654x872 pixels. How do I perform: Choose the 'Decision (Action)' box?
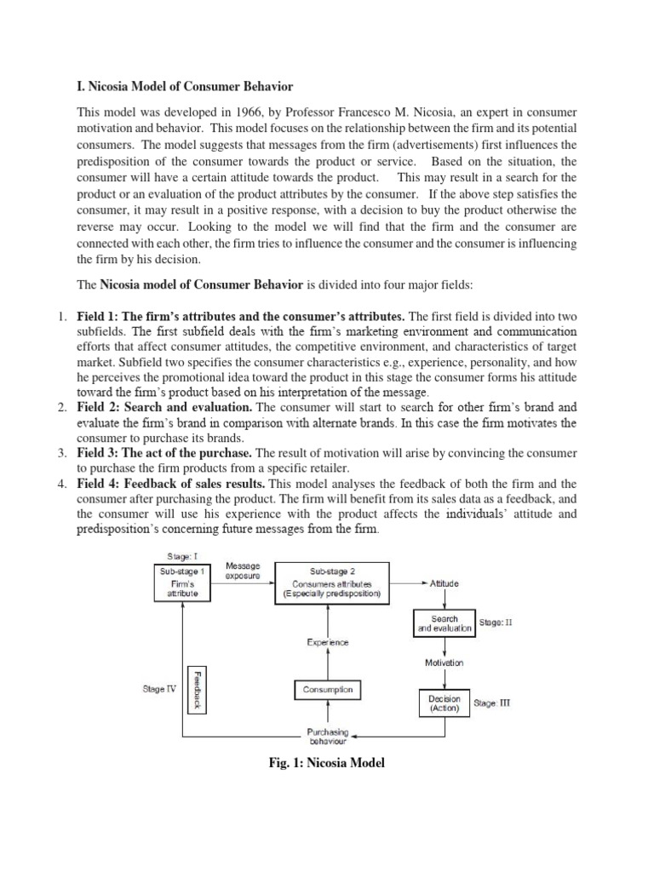tap(444, 703)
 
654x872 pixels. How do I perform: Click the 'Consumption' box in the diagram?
tap(328, 690)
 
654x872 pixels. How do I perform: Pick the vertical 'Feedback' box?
tap(197, 688)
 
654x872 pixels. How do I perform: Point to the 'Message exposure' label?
tap(243, 571)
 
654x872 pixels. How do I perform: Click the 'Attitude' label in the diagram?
tap(444, 583)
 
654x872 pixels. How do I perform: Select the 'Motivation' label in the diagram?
tap(444, 662)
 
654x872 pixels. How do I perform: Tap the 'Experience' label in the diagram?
tap(328, 643)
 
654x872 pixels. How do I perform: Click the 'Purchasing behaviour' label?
tap(328, 737)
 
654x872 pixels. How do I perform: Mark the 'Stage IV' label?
tap(159, 689)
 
